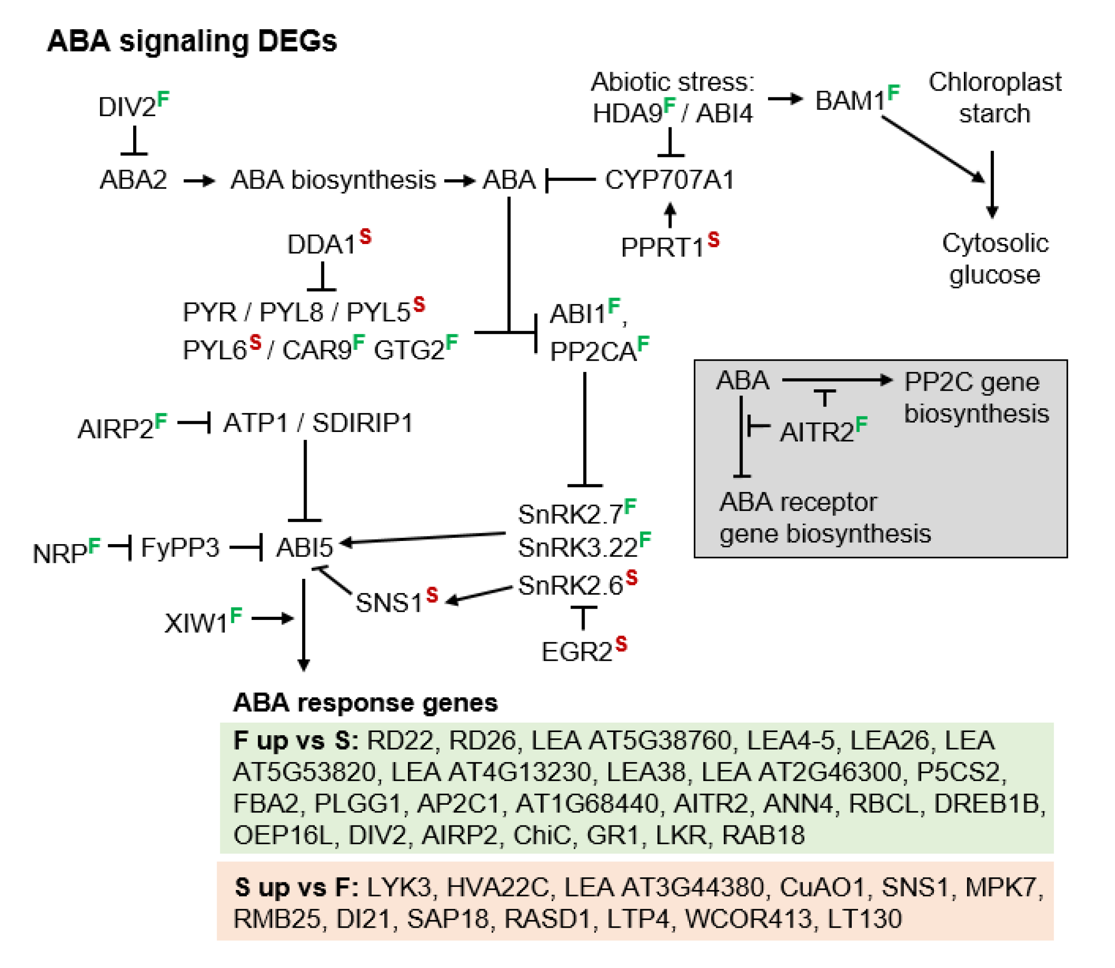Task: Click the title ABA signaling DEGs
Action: point(192,41)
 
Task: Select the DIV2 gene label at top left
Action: point(127,107)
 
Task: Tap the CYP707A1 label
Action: point(669,180)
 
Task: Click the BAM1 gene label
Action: point(850,100)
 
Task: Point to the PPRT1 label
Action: point(663,248)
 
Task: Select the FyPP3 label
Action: point(180,548)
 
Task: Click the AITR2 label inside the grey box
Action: point(816,432)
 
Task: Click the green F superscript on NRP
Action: point(95,545)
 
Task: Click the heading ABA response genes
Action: point(365,703)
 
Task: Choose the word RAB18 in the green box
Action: point(763,835)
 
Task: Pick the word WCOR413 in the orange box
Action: point(748,919)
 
